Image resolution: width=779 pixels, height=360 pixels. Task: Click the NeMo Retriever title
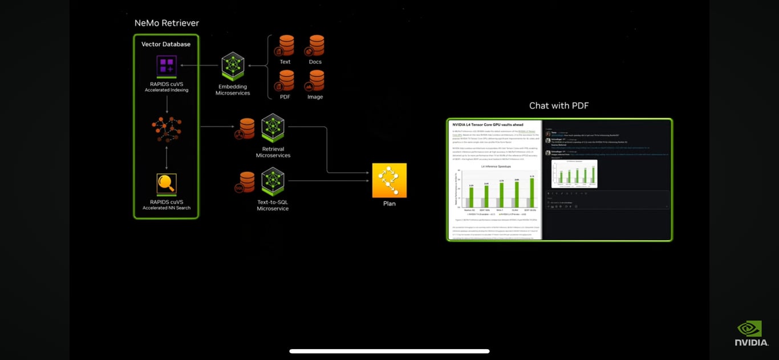pyautogui.click(x=167, y=23)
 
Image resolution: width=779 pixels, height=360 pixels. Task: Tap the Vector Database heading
pyautogui.click(x=166, y=44)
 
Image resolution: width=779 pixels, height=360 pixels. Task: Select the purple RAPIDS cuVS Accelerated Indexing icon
pyautogui.click(x=167, y=65)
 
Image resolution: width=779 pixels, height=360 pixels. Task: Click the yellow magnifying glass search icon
pyautogui.click(x=167, y=184)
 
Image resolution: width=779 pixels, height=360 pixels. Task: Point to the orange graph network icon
pyautogui.click(x=167, y=129)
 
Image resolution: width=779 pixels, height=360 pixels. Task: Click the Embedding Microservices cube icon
pyautogui.click(x=233, y=66)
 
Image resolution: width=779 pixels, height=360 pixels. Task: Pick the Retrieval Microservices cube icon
pyautogui.click(x=273, y=127)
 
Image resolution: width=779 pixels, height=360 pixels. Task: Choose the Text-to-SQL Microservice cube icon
pyautogui.click(x=273, y=181)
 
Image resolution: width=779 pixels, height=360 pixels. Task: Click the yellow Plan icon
pyautogui.click(x=389, y=180)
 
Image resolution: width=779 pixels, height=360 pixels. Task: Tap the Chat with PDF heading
pyautogui.click(x=559, y=106)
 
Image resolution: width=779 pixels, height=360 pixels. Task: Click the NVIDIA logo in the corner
pyautogui.click(x=751, y=333)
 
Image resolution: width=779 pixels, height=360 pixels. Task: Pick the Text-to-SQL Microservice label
pyautogui.click(x=273, y=205)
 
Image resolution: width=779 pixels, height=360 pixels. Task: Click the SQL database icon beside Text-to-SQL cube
pyautogui.click(x=246, y=182)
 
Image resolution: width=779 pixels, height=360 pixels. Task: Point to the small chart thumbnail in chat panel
pyautogui.click(x=574, y=173)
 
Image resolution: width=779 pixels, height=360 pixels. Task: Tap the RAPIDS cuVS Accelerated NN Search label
pyautogui.click(x=167, y=205)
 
